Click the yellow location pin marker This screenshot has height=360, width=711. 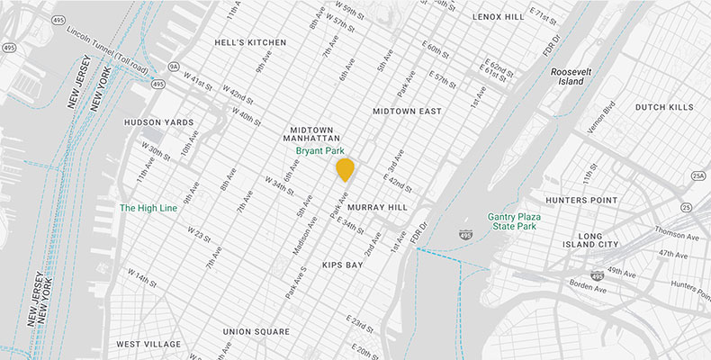click(345, 168)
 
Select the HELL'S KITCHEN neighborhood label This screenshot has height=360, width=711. click(250, 42)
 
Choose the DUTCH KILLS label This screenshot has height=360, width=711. click(664, 107)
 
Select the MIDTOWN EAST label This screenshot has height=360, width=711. click(408, 111)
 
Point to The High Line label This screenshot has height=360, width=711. click(148, 208)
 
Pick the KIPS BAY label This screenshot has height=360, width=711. click(342, 265)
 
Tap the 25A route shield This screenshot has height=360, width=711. click(698, 175)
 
